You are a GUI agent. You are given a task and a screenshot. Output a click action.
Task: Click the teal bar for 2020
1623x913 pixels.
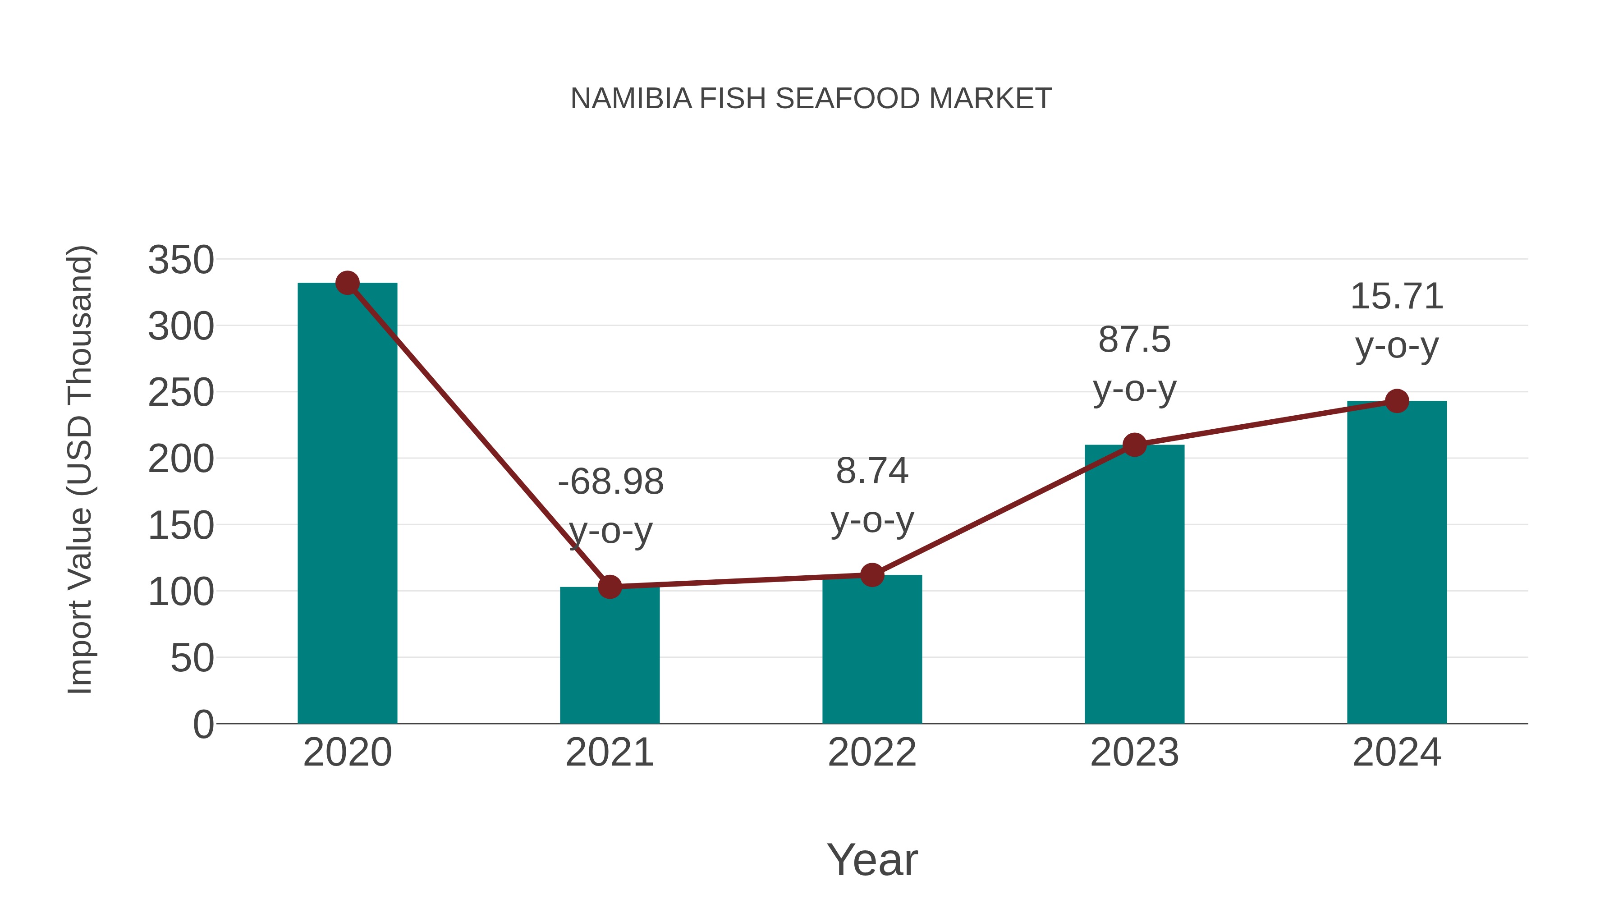coord(347,504)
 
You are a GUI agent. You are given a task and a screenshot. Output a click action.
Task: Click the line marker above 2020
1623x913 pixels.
coord(347,283)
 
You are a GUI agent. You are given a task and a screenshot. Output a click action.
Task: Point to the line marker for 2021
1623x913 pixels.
coord(609,587)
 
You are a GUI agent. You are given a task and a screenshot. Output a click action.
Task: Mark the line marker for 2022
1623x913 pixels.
coord(872,575)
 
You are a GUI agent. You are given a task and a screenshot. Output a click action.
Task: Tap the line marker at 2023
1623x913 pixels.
coord(1134,445)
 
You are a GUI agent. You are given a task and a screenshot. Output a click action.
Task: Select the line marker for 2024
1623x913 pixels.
coord(1397,401)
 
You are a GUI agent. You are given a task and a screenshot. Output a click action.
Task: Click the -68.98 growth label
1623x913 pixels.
coord(610,482)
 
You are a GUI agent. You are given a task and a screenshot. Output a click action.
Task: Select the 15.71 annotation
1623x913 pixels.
coord(1397,297)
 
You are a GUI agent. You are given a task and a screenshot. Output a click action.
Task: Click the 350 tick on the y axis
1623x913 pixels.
coord(181,260)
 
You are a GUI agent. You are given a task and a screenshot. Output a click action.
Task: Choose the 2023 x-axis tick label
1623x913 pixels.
coord(1134,752)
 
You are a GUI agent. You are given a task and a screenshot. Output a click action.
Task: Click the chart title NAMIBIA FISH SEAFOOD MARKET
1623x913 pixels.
coord(811,99)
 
